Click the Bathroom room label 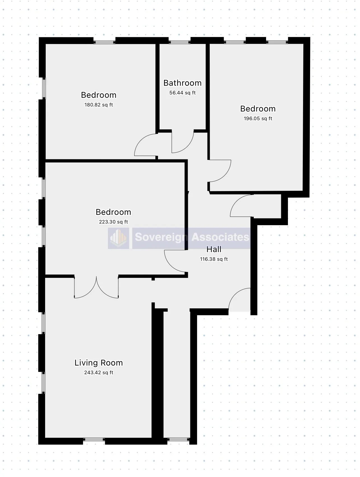point(182,83)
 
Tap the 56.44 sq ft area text point(182,93)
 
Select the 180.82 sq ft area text point(98,105)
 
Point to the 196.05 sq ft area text point(258,118)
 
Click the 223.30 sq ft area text point(113,222)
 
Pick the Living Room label point(98,363)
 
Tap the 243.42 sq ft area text point(98,373)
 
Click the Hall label point(214,249)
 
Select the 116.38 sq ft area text point(214,259)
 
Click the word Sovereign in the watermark point(161,237)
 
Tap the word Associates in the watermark point(220,237)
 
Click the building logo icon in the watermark point(119,238)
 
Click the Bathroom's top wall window point(179,42)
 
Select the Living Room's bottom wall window point(94,439)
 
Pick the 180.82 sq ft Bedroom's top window point(104,42)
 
